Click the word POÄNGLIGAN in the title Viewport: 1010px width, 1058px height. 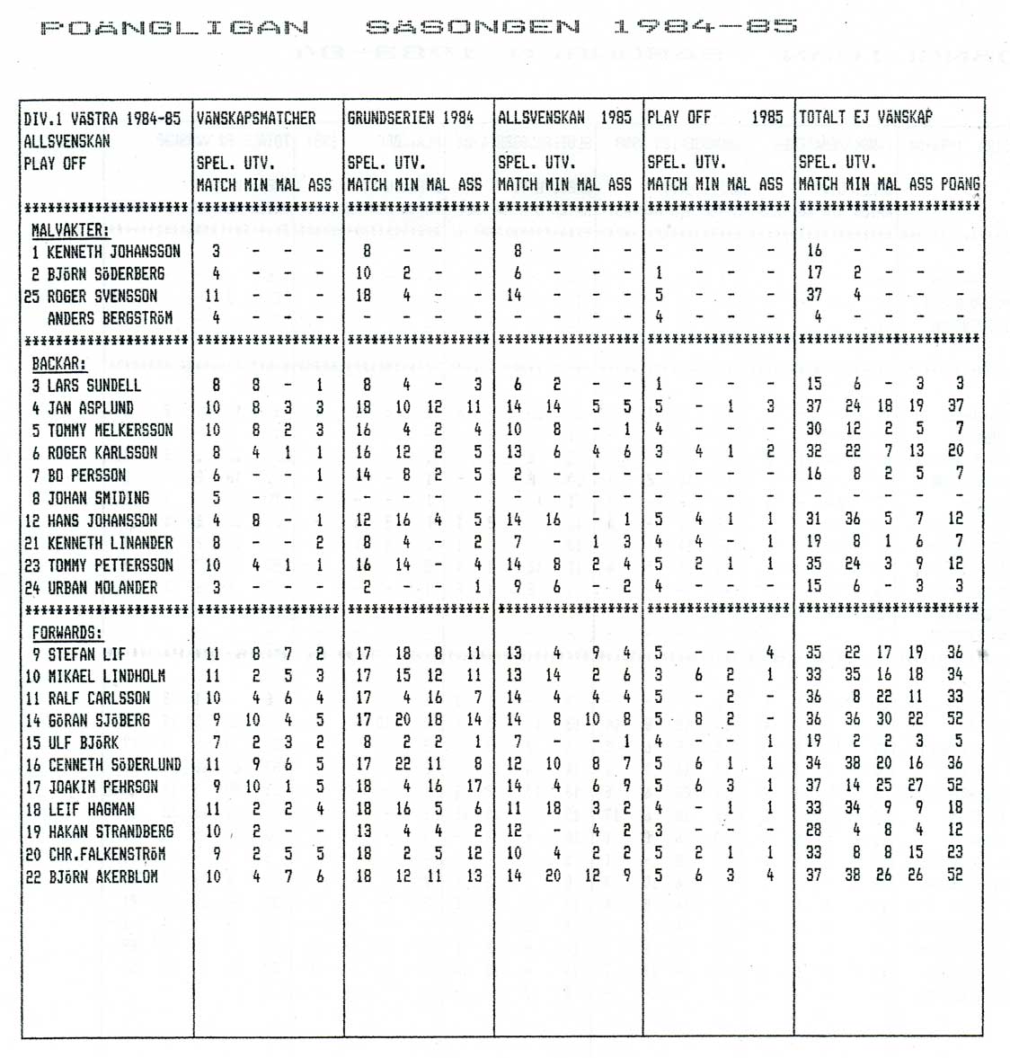[x=174, y=28]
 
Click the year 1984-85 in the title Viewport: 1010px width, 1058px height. [x=704, y=27]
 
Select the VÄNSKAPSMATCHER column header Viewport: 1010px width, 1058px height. [x=256, y=119]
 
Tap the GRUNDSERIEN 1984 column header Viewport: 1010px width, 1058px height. [x=410, y=119]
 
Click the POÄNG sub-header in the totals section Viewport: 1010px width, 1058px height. [x=960, y=184]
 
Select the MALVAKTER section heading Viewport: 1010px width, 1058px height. [x=69, y=231]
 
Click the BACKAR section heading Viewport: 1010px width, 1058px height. [x=59, y=364]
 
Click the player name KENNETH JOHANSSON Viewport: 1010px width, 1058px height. [x=113, y=253]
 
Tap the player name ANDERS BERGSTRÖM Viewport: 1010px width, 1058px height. [x=110, y=318]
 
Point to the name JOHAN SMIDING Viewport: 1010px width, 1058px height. [x=98, y=498]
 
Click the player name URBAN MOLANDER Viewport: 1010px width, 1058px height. [x=102, y=588]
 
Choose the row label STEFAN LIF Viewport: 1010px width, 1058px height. [x=86, y=654]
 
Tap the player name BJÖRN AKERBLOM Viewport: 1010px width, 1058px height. [x=103, y=876]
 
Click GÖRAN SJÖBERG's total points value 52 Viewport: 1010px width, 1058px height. [x=954, y=719]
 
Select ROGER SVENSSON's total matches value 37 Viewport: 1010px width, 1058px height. [x=814, y=296]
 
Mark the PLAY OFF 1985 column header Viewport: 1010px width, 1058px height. [x=714, y=118]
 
